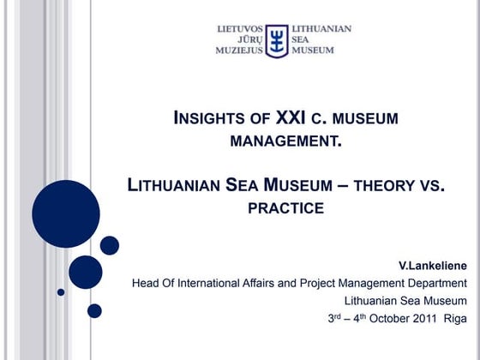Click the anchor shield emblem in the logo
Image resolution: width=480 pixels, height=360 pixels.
point(276,40)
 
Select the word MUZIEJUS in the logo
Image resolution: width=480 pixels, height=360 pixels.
point(239,51)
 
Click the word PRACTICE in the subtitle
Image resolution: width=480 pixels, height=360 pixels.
point(287,207)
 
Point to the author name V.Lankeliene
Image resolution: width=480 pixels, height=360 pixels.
point(433,266)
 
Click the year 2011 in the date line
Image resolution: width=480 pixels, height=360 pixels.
point(423,318)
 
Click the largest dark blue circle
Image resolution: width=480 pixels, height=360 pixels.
point(66,213)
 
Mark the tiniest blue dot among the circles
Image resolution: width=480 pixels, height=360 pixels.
point(61,291)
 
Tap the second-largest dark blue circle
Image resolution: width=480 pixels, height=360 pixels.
point(86,272)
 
